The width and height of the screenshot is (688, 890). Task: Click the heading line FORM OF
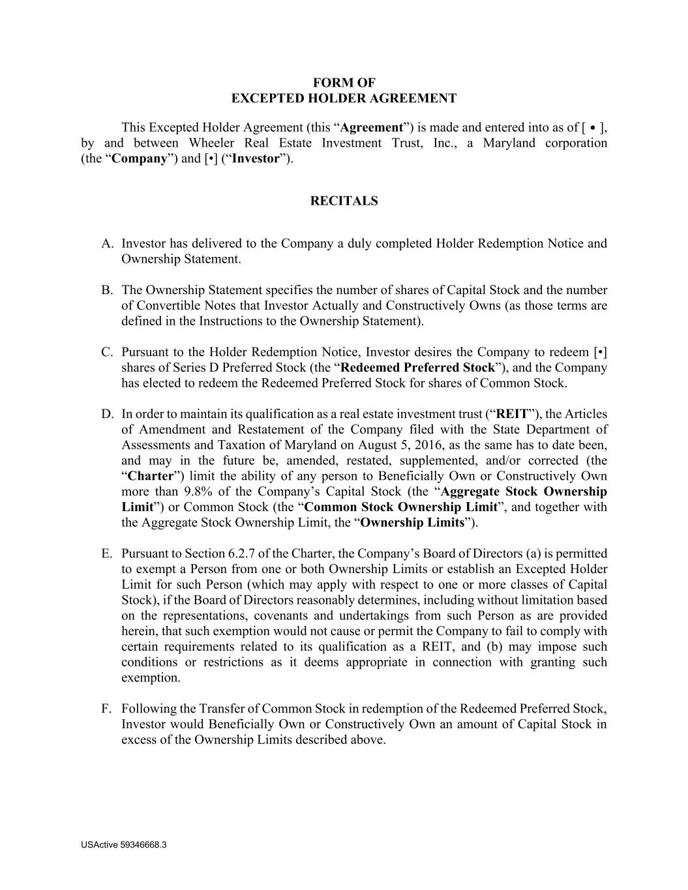point(344,83)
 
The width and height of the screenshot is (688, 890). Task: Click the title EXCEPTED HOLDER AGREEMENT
point(344,98)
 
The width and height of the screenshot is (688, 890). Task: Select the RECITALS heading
point(344,201)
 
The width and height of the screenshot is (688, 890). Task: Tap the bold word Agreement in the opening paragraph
point(371,127)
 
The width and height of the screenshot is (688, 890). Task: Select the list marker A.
point(108,243)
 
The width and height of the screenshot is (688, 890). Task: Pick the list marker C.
point(108,352)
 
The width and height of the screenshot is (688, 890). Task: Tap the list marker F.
point(108,709)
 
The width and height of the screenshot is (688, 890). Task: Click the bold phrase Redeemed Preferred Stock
point(417,368)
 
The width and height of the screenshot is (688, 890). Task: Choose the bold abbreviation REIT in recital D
point(513,414)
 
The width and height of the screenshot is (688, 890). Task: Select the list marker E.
point(108,554)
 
